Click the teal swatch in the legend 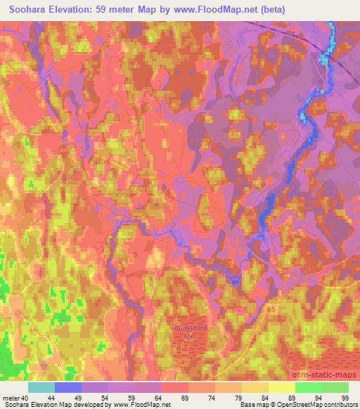41,387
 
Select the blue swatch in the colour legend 68,387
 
